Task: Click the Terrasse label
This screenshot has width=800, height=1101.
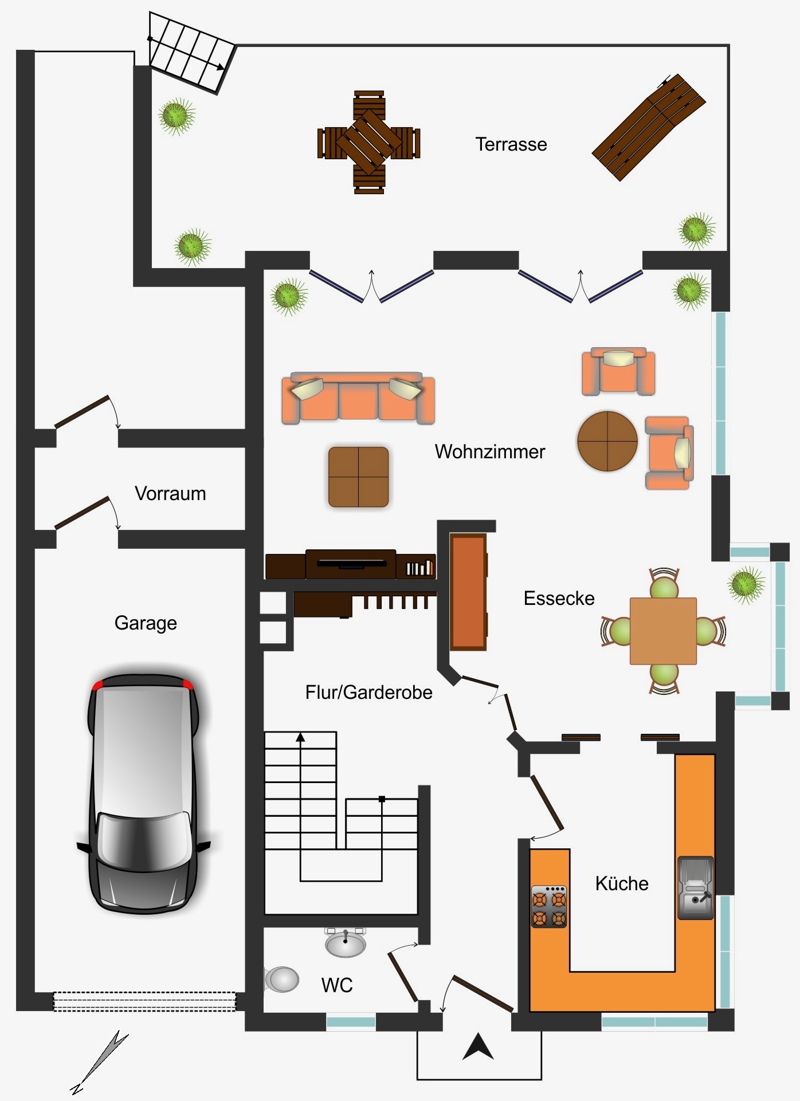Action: tap(511, 144)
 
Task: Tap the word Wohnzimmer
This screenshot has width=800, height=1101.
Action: tap(490, 451)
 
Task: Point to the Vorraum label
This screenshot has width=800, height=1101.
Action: tap(170, 493)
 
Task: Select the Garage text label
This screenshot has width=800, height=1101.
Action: tap(146, 623)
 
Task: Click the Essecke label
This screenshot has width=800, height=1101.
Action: tap(559, 598)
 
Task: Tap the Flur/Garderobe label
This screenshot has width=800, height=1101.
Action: tap(369, 692)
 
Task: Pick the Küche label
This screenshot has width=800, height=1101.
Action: tap(622, 883)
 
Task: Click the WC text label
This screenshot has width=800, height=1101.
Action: tap(337, 985)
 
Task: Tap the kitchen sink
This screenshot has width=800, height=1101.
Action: tap(696, 888)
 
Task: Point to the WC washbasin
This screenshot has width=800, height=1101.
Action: tap(345, 942)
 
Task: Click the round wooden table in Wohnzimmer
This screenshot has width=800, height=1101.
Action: tap(607, 441)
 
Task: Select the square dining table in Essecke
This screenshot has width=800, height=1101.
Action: tap(663, 631)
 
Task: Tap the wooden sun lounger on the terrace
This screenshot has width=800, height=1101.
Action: tap(649, 127)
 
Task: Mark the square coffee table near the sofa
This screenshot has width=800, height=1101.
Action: tap(359, 477)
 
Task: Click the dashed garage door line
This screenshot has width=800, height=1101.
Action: tap(144, 1001)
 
